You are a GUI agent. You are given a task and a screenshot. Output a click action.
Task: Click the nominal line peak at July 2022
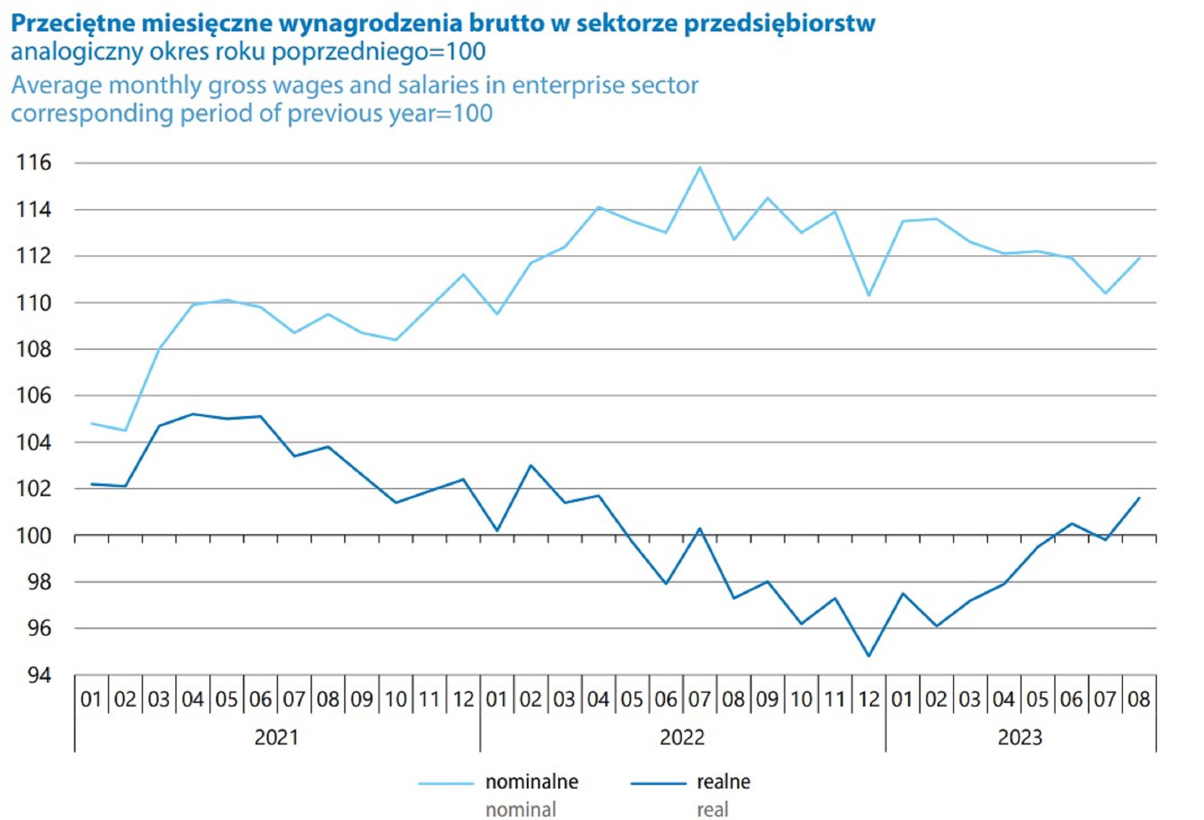(699, 167)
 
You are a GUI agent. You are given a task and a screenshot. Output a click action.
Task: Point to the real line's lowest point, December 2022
(869, 655)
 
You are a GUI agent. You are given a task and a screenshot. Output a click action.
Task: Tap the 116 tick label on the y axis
(34, 163)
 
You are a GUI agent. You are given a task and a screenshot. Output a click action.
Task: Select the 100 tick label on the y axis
(34, 536)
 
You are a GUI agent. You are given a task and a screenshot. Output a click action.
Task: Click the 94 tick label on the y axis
(39, 675)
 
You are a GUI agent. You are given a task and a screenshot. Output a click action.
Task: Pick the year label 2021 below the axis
(276, 737)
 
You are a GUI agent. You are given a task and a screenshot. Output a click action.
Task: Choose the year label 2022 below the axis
(682, 737)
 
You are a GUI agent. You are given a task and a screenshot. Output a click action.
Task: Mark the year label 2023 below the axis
(1019, 737)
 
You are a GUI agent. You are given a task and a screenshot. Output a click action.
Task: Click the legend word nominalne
(531, 782)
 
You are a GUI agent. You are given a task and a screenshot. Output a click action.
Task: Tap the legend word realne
(723, 782)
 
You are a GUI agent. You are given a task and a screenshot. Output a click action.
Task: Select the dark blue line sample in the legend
(658, 784)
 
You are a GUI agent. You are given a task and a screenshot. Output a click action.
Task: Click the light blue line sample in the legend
(445, 784)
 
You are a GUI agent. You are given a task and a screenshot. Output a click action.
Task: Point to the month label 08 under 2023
(1139, 699)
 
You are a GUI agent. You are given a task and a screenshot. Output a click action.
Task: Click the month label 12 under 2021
(463, 699)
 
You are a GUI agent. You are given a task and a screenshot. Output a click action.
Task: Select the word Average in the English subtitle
(56, 85)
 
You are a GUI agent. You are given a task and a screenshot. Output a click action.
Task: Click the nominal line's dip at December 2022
(869, 295)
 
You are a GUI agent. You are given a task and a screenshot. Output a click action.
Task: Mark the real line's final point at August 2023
(1139, 498)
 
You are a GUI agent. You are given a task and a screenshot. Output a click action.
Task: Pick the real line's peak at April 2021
(193, 414)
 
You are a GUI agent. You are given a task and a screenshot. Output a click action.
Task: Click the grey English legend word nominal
(520, 809)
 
